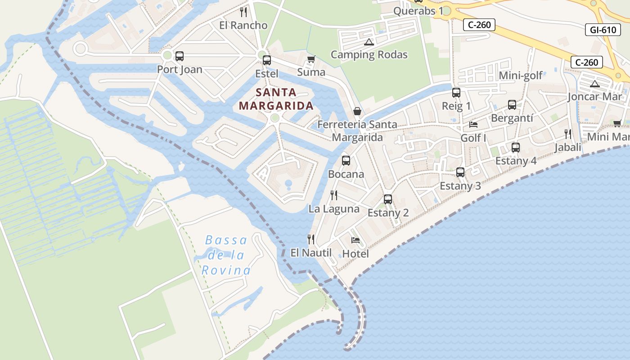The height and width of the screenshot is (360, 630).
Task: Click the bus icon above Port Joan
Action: [x=179, y=56]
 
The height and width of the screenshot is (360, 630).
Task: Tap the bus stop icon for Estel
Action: [x=267, y=60]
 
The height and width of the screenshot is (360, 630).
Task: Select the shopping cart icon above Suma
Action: [x=311, y=59]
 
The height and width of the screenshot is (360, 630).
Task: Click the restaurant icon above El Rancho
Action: [x=243, y=12]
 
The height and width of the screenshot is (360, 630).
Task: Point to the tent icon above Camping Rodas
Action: [x=369, y=42]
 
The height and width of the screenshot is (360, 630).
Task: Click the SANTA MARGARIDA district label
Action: [x=276, y=99]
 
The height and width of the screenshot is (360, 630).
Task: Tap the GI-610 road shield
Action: [x=603, y=30]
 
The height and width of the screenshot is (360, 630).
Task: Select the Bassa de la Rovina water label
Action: [x=226, y=255]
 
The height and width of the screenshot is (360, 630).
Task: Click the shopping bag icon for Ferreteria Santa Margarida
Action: [x=357, y=111]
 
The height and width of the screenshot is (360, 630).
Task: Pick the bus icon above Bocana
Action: [x=346, y=161]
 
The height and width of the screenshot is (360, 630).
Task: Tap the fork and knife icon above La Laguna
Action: [x=334, y=195]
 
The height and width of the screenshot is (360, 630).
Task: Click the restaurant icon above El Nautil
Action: [x=310, y=239]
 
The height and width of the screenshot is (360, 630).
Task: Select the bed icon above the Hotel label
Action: [x=355, y=240]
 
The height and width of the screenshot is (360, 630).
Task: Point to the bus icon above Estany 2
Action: [x=388, y=199]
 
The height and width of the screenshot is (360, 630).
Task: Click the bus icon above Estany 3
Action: [x=460, y=172]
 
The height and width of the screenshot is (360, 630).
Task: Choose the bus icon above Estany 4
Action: [x=516, y=148]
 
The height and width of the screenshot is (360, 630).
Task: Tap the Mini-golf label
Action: [x=521, y=75]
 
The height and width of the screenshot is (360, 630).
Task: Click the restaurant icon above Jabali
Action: [x=568, y=134]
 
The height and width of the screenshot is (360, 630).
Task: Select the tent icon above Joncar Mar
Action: [x=595, y=84]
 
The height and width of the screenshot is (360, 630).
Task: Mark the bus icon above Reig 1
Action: [x=456, y=93]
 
